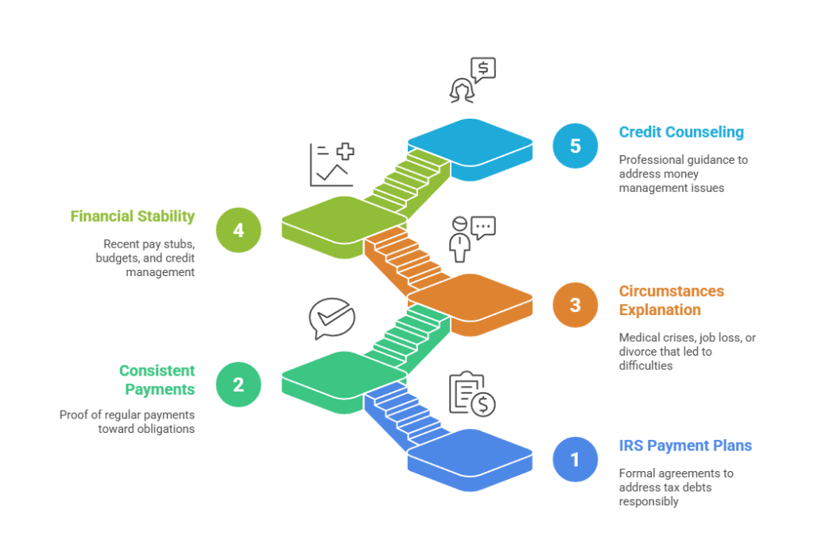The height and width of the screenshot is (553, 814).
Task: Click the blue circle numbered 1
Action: pyautogui.click(x=575, y=459)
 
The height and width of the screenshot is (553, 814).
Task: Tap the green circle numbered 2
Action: pyautogui.click(x=238, y=384)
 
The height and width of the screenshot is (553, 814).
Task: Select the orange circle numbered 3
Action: pyautogui.click(x=575, y=305)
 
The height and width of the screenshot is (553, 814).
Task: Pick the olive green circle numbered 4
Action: pyautogui.click(x=238, y=230)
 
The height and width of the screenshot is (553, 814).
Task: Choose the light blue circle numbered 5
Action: pyautogui.click(x=575, y=146)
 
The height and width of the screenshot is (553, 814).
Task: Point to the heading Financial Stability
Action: pyautogui.click(x=133, y=216)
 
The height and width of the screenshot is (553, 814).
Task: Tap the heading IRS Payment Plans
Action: pyautogui.click(x=685, y=446)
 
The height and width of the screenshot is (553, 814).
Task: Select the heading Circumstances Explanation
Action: pyautogui.click(x=672, y=300)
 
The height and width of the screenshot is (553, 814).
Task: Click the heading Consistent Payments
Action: pyautogui.click(x=157, y=380)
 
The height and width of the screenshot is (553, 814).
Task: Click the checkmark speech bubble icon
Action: pyautogui.click(x=331, y=318)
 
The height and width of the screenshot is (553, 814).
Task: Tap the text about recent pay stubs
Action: pyautogui.click(x=149, y=258)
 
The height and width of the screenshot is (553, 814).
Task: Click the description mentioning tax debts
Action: pyautogui.click(x=676, y=487)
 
